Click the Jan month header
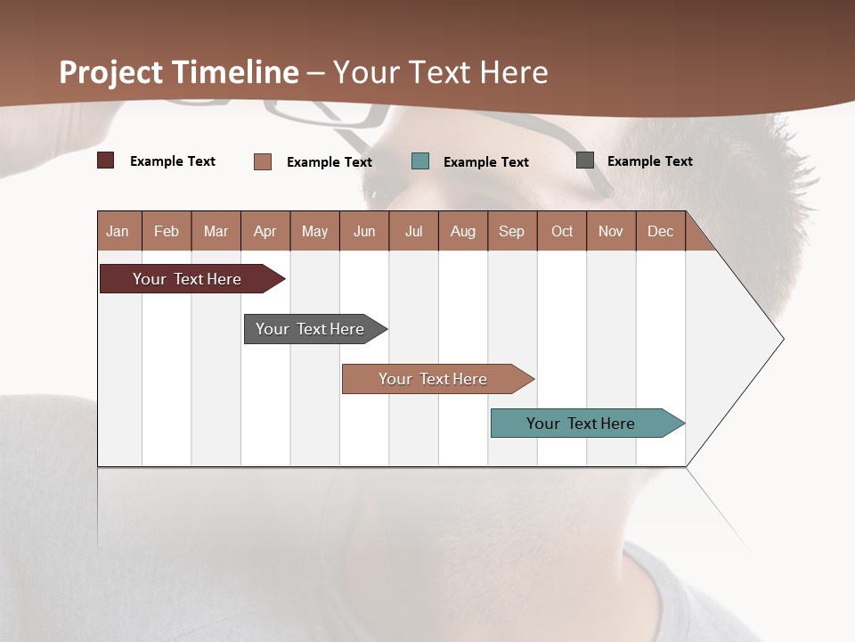pyautogui.click(x=118, y=231)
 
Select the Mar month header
pyautogui.click(x=216, y=231)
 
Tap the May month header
pyautogui.click(x=314, y=231)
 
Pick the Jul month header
pyautogui.click(x=413, y=231)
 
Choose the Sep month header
pyautogui.click(x=511, y=231)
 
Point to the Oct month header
pyautogui.click(x=562, y=231)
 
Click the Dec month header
pyautogui.click(x=660, y=231)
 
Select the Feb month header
pyautogui.click(x=167, y=231)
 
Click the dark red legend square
pyautogui.click(x=106, y=160)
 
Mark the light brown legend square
pyautogui.click(x=263, y=161)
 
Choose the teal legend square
pyautogui.click(x=420, y=161)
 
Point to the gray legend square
pyautogui.click(x=585, y=160)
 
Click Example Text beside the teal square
pyautogui.click(x=485, y=162)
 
